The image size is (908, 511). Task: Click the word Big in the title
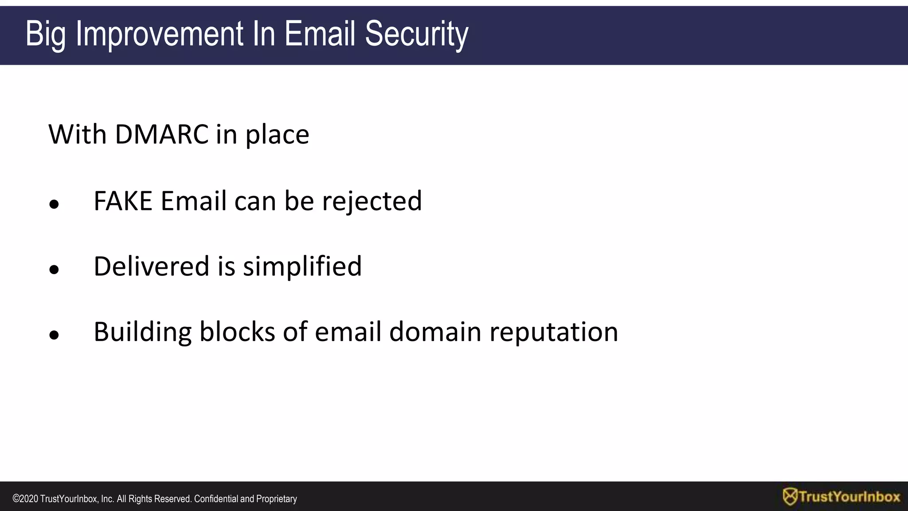[x=46, y=34]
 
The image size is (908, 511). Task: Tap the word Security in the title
[x=416, y=34]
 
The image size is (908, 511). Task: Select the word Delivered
[x=151, y=266]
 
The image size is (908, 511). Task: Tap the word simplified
[x=302, y=267]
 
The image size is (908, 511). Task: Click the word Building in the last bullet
[x=142, y=332]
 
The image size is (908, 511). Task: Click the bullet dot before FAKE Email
[x=54, y=204]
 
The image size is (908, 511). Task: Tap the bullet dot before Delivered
[x=54, y=270]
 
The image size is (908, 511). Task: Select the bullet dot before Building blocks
[x=54, y=335]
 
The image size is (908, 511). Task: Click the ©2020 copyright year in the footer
[x=25, y=499]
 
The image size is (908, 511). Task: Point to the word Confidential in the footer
[x=216, y=499]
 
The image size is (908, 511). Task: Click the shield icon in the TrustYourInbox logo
[x=790, y=497]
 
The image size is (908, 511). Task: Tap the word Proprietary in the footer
[x=277, y=499]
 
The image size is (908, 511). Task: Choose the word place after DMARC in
[x=277, y=135]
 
